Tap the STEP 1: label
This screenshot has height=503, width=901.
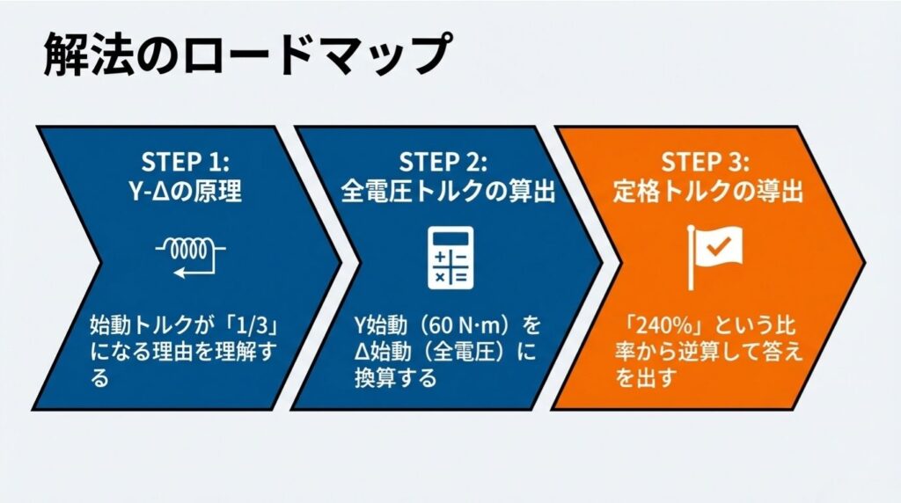(185, 162)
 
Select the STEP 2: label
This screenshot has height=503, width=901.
(443, 162)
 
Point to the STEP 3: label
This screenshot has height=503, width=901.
(705, 162)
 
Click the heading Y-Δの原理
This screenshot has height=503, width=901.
(185, 191)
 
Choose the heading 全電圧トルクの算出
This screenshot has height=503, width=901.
(448, 191)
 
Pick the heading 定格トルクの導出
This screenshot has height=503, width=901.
(707, 191)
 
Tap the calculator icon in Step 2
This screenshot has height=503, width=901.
(451, 258)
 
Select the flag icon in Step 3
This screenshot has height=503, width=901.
(714, 258)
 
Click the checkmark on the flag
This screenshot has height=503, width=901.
(718, 247)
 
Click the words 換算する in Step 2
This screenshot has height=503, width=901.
(395, 378)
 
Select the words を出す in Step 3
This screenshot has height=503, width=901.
(645, 378)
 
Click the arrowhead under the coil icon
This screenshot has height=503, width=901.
(179, 273)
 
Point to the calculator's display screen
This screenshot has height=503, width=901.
(451, 237)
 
